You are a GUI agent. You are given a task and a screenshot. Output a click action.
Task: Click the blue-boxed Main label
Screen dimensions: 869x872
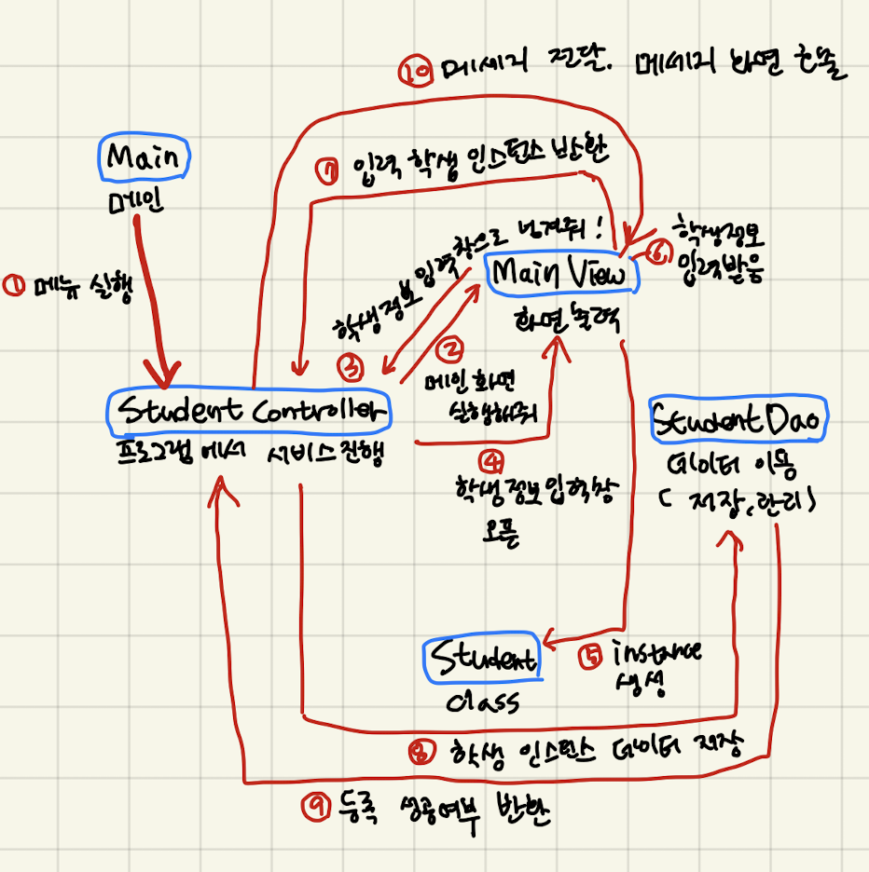pos(143,157)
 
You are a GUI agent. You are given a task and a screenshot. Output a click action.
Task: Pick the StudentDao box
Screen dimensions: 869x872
pos(738,421)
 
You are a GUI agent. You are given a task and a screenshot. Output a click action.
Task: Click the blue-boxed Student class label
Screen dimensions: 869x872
pos(482,660)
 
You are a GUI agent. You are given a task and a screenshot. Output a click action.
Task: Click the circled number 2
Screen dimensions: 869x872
pos(451,349)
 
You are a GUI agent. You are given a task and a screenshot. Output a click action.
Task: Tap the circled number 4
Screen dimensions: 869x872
pos(490,458)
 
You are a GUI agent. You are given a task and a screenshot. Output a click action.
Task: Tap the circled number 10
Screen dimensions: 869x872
pos(413,72)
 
